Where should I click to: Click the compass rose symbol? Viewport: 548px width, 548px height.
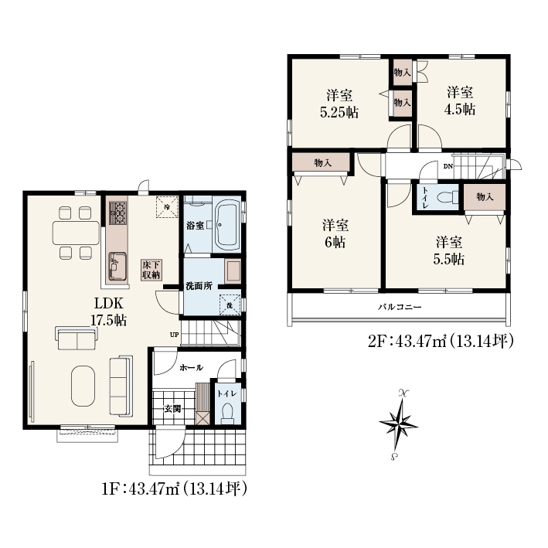click(398, 424)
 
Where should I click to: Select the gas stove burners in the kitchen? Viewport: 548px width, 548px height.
click(117, 213)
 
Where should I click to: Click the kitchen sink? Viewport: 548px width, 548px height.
click(117, 266)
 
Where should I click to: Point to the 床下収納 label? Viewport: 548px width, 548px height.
click(151, 270)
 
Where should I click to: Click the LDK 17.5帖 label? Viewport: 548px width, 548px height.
click(109, 311)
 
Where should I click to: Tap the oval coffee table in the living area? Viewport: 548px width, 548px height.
click(83, 386)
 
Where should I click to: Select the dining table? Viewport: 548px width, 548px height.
click(77, 233)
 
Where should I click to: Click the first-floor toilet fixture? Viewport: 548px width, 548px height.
click(227, 414)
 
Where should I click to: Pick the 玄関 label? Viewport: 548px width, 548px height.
click(172, 408)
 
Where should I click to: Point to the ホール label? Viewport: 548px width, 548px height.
click(191, 368)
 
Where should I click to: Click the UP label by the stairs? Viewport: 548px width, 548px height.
click(174, 335)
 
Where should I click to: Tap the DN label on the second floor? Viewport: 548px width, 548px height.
click(448, 166)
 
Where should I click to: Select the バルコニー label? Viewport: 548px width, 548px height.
click(400, 307)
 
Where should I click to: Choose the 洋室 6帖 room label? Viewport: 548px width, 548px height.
click(335, 233)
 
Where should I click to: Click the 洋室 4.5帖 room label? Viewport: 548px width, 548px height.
click(461, 101)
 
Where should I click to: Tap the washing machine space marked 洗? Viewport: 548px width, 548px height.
click(230, 305)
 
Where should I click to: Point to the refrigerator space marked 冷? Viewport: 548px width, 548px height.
click(167, 206)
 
